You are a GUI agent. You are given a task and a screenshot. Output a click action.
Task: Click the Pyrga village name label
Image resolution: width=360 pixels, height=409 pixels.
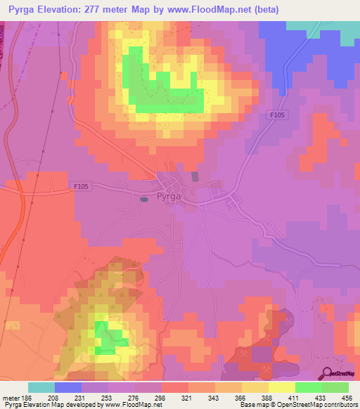pyautogui.click(x=169, y=197)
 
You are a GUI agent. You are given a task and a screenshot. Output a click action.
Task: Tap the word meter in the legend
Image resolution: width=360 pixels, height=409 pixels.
pyautogui.click(x=11, y=397)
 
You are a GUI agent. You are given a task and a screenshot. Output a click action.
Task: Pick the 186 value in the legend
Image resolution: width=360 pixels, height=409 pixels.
pyautogui.click(x=27, y=397)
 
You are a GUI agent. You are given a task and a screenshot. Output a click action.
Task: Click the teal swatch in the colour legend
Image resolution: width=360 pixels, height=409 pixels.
pyautogui.click(x=41, y=387)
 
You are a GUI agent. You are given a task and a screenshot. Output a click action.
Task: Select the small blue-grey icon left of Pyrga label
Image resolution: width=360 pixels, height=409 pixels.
pyautogui.click(x=143, y=200)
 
